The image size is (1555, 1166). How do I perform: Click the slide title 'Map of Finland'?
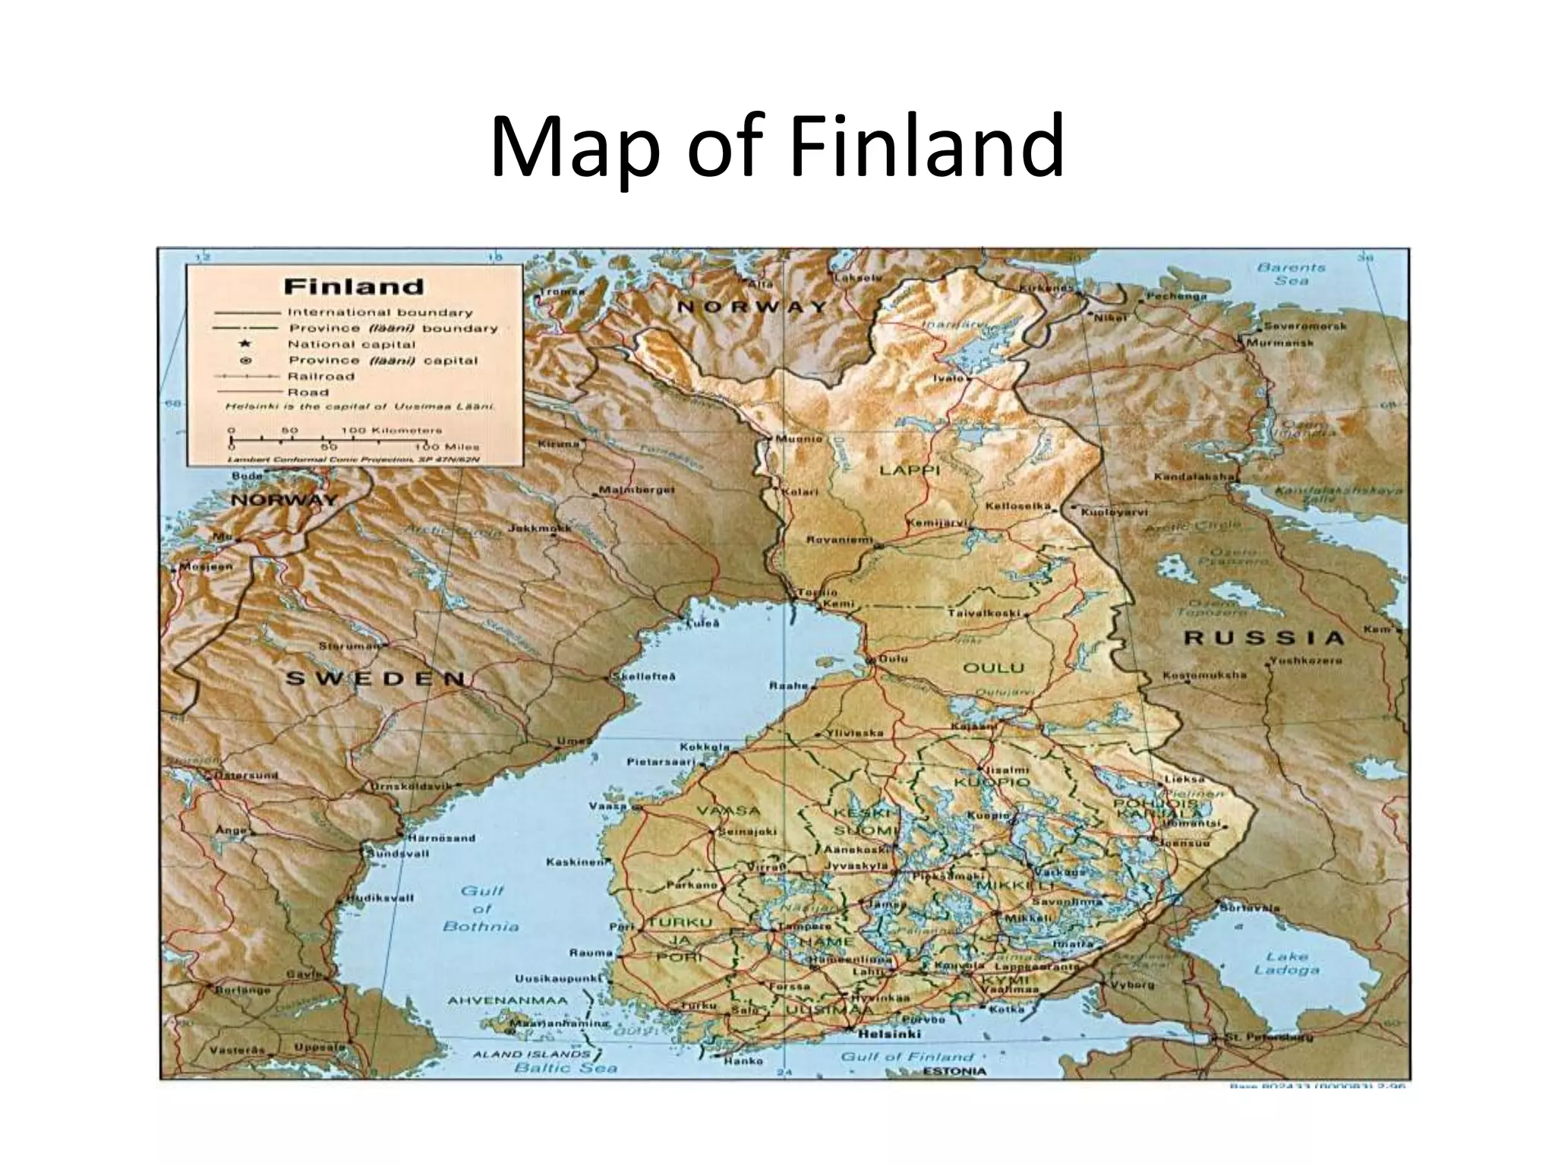click(x=777, y=147)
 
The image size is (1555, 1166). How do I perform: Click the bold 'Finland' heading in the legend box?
click(x=353, y=287)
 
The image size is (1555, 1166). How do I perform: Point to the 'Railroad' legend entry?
click(x=320, y=377)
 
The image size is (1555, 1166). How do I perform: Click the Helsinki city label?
click(x=888, y=1034)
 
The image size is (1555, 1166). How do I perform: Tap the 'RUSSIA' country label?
click(x=1263, y=638)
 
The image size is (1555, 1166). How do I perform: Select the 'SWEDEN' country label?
click(x=375, y=678)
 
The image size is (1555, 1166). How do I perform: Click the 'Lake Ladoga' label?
click(x=1286, y=963)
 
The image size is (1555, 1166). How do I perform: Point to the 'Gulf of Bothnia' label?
click(x=481, y=909)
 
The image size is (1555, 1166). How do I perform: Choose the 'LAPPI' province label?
click(x=910, y=471)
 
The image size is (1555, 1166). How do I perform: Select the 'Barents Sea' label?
click(x=1291, y=274)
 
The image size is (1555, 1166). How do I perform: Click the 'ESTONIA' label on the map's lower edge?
click(x=954, y=1071)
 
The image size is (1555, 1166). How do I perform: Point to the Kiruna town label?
click(x=558, y=443)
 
